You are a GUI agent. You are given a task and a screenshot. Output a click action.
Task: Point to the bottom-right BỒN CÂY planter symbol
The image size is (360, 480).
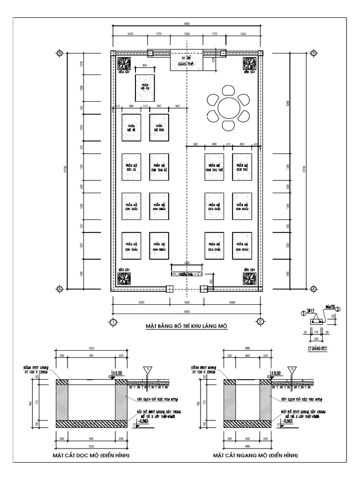pos(249,278)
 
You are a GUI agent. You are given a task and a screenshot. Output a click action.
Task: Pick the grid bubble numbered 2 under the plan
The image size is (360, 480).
pos(260,322)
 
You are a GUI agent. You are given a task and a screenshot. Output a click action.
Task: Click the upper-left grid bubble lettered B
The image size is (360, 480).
pos(60,53)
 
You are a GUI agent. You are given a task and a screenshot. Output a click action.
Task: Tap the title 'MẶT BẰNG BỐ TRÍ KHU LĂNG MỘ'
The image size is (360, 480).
pos(186,326)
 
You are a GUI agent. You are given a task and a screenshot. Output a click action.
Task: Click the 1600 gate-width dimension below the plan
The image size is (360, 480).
pos(186,302)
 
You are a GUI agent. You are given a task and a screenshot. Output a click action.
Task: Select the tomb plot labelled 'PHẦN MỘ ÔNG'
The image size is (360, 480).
pos(159,127)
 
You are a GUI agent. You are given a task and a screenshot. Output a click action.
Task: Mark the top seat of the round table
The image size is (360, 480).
pos(229,90)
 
